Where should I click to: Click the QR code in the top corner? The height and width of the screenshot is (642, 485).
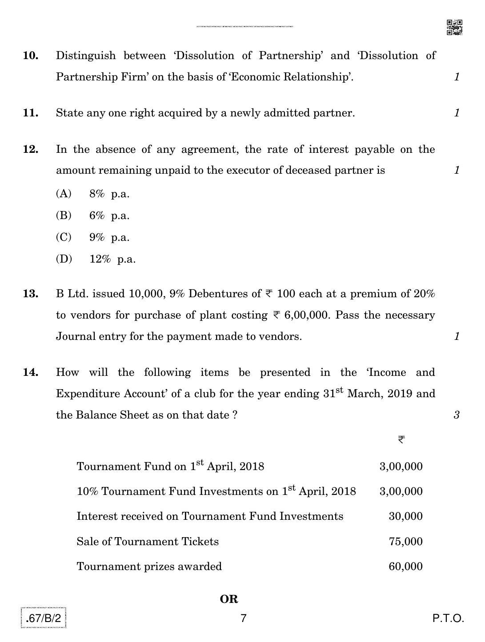(x=454, y=27)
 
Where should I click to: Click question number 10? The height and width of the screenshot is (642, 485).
(x=31, y=56)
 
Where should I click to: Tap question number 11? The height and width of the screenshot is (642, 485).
(x=31, y=113)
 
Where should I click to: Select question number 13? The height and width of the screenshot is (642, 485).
(x=31, y=294)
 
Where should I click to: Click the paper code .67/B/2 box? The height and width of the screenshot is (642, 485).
(x=43, y=618)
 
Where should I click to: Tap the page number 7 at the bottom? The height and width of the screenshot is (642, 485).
(x=243, y=618)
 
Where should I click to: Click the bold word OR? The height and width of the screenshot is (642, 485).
(x=229, y=599)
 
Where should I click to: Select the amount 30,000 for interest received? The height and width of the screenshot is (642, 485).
(x=405, y=516)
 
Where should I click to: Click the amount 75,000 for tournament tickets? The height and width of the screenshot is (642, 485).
(x=405, y=542)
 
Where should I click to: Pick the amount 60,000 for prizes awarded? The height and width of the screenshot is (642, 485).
(x=405, y=566)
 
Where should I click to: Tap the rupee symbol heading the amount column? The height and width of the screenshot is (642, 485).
(x=401, y=440)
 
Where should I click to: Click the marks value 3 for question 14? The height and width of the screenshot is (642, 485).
(x=457, y=415)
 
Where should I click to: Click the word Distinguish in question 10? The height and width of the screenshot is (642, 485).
(x=86, y=56)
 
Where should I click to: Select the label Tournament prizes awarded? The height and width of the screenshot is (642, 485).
(x=149, y=566)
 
